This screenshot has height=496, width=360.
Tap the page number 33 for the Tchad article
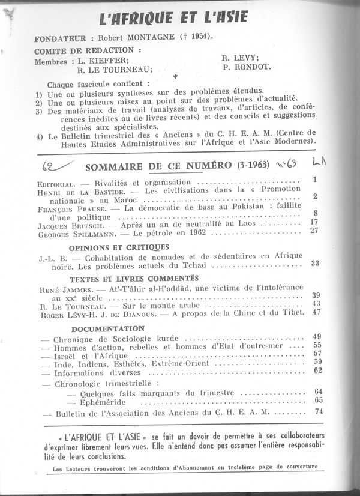pyautogui.click(x=315, y=263)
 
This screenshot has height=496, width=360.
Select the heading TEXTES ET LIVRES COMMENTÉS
pyautogui.click(x=133, y=279)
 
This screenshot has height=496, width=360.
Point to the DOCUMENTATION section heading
pyautogui.click(x=108, y=328)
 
